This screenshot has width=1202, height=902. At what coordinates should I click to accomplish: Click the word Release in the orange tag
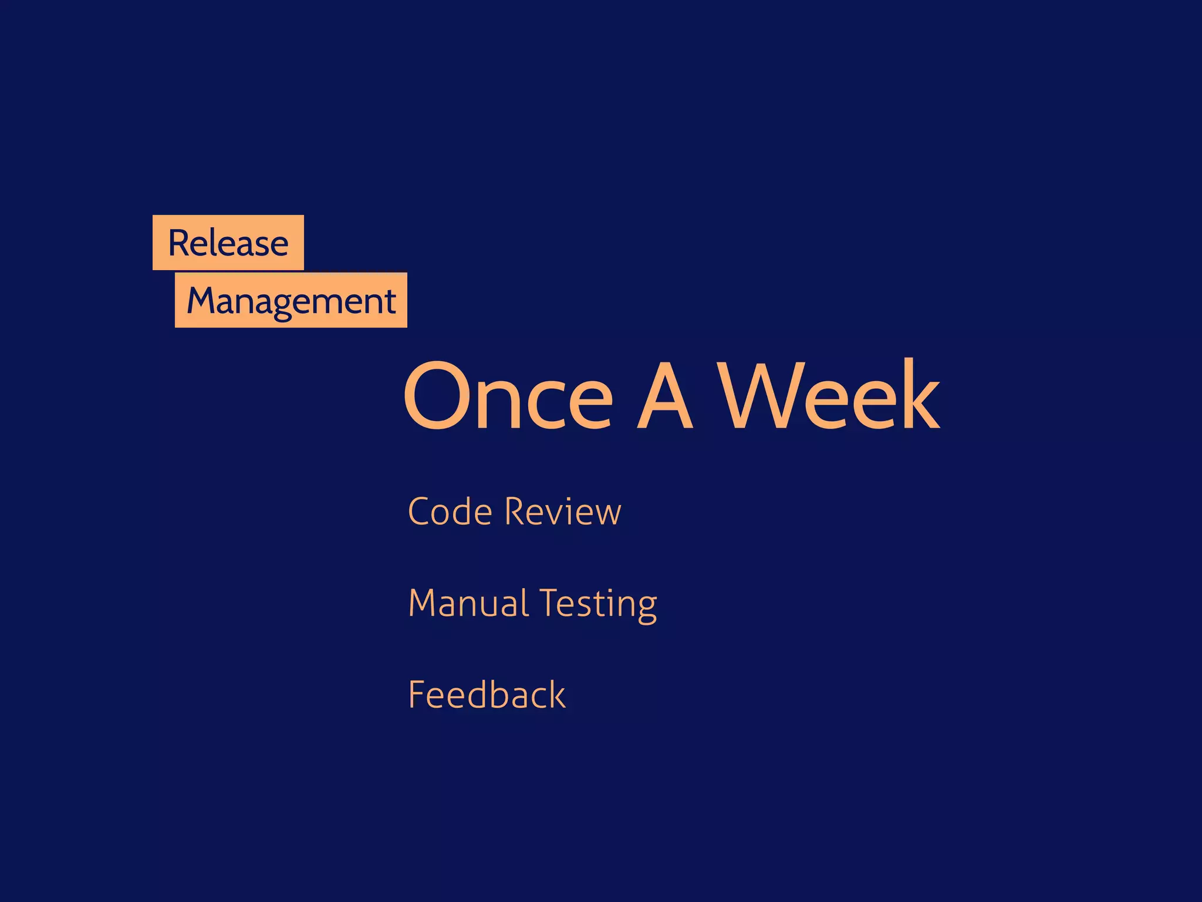pyautogui.click(x=228, y=243)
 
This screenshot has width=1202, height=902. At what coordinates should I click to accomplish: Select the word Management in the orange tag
pyautogui.click(x=291, y=301)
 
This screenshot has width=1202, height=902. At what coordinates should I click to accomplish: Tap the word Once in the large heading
pyautogui.click(x=508, y=396)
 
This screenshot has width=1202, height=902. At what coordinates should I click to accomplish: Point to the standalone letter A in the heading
pyautogui.click(x=664, y=396)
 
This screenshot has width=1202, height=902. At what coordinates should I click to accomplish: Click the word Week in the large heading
pyautogui.click(x=830, y=395)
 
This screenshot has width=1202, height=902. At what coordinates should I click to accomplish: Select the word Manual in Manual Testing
pyautogui.click(x=468, y=603)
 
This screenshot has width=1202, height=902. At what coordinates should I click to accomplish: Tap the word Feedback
pyautogui.click(x=487, y=695)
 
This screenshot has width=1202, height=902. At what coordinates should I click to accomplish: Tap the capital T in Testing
pyautogui.click(x=551, y=603)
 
